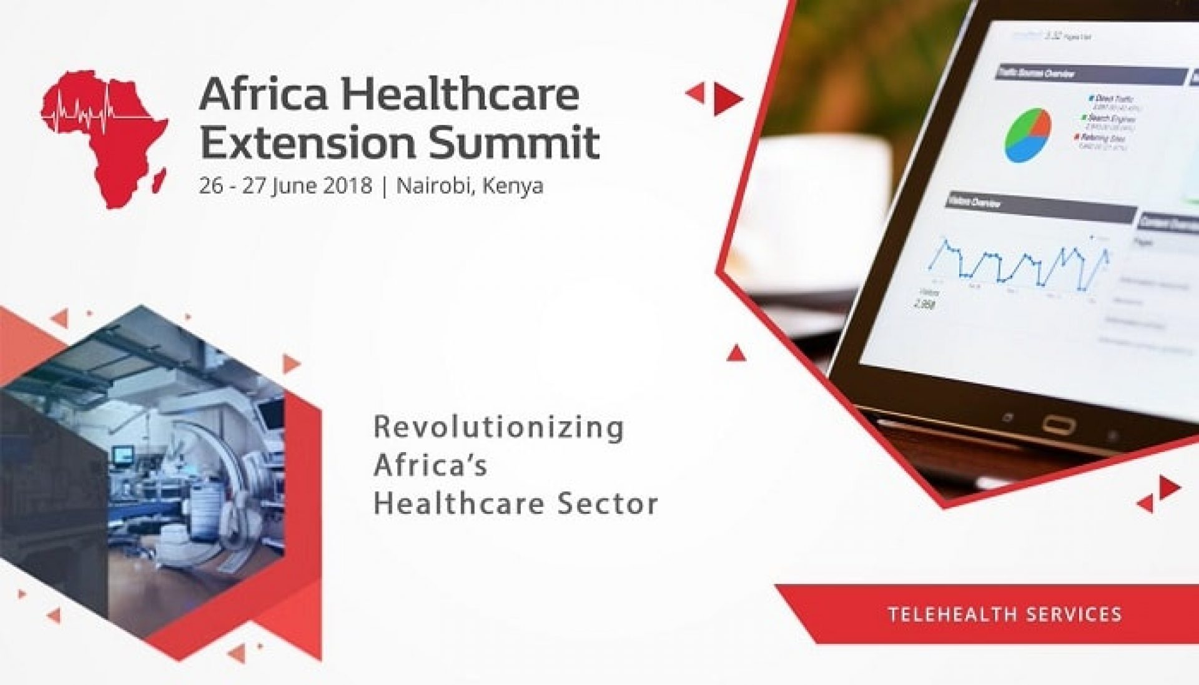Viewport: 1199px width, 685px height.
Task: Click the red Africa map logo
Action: [103, 137]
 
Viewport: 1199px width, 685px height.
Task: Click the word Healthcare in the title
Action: [460, 95]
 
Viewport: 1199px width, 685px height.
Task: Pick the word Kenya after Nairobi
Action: [513, 186]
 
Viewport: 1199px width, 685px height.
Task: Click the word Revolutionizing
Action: [498, 428]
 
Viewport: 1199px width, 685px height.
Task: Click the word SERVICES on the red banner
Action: [1074, 614]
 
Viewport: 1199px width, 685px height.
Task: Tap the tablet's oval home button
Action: [1058, 426]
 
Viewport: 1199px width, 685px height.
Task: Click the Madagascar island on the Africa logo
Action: [160, 178]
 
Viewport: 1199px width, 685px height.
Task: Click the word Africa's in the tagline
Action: [430, 466]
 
